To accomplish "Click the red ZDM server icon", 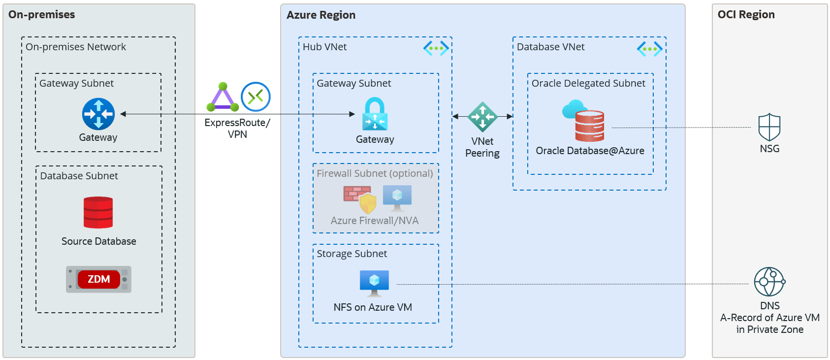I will pyautogui.click(x=98, y=279).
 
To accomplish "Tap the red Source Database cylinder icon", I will pyautogui.click(x=98, y=212).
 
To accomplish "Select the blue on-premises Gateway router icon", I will pyautogui.click(x=98, y=114).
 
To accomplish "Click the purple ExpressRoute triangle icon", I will pyautogui.click(x=223, y=97).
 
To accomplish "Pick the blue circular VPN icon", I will pyautogui.click(x=255, y=97).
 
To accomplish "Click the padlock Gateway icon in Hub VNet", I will pyautogui.click(x=375, y=114).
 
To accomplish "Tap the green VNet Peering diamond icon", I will pyautogui.click(x=482, y=117).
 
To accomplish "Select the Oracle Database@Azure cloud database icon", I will pyautogui.click(x=585, y=121).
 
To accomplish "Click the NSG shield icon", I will pyautogui.click(x=769, y=127).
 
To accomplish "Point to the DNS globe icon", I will pyautogui.click(x=769, y=282).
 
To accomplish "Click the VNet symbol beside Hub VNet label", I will pyautogui.click(x=436, y=48).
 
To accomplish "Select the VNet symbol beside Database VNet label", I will pyautogui.click(x=649, y=49).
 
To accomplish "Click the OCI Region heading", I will pyautogui.click(x=746, y=15).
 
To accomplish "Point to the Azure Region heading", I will pyautogui.click(x=321, y=15).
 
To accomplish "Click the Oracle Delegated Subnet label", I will pyautogui.click(x=588, y=83).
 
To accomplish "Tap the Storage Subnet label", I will pyautogui.click(x=351, y=254).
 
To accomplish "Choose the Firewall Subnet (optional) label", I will pyautogui.click(x=375, y=173).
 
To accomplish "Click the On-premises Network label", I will pyautogui.click(x=76, y=47).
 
